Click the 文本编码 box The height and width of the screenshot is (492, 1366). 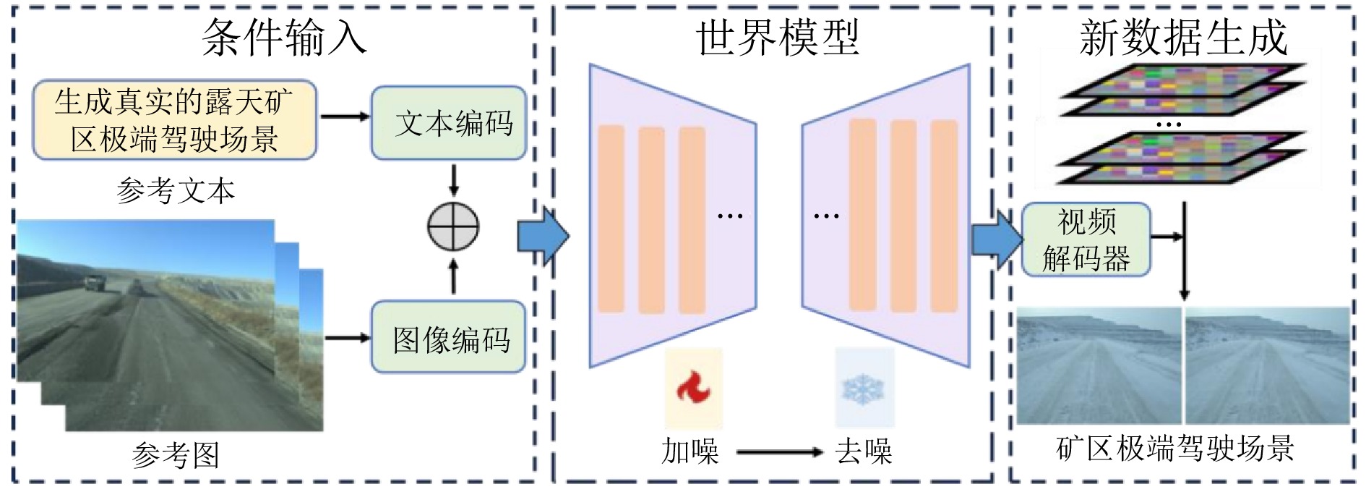coord(448,123)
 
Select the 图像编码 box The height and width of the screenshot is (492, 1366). coord(448,338)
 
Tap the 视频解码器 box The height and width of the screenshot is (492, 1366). coord(1086,239)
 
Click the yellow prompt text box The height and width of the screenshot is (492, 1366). coord(174,120)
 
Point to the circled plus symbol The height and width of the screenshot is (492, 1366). coord(453,226)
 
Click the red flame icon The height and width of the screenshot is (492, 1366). coord(693,388)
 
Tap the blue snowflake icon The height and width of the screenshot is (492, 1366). coord(863,389)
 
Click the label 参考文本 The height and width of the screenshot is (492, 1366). coord(176,190)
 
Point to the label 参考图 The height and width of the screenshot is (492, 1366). coord(176,455)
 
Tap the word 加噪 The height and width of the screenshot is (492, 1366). coord(690,451)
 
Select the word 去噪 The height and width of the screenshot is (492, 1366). coord(864,451)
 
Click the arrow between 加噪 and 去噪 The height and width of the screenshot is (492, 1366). coord(779,452)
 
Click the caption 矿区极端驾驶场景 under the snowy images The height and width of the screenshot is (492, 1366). coord(1175,449)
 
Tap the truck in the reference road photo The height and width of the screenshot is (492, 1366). coord(93,283)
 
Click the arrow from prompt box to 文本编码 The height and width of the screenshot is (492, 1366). coord(344,116)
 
